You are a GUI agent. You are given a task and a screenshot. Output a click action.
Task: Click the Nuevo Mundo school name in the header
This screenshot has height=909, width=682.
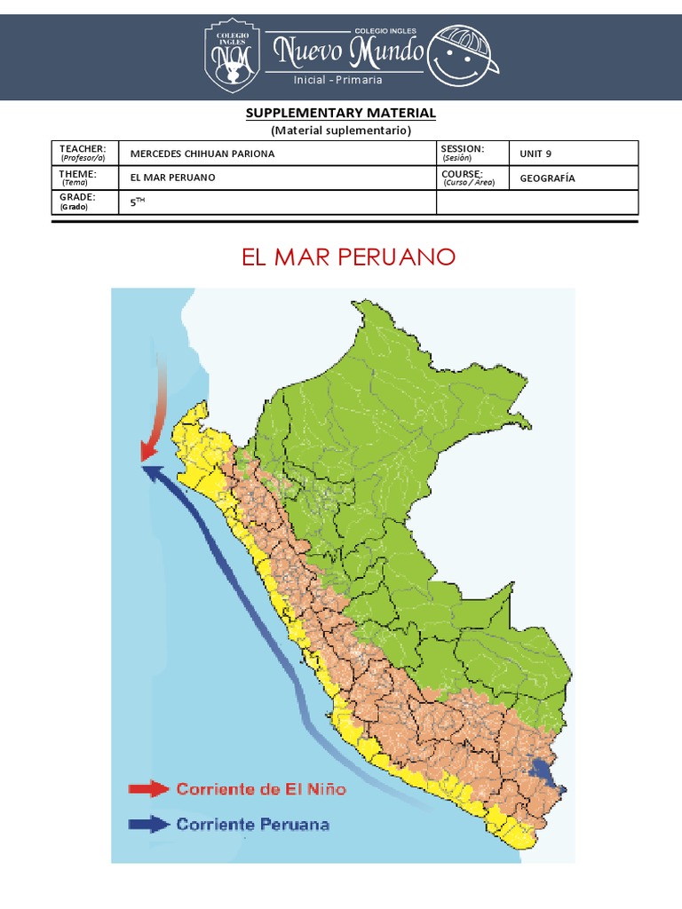point(348,53)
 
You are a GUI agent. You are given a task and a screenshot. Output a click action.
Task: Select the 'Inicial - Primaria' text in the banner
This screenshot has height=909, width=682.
point(338,80)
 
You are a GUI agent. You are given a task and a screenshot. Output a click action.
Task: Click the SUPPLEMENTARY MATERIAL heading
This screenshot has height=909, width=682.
point(340,113)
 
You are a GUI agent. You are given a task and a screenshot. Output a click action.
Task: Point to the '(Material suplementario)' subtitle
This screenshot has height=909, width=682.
point(340,130)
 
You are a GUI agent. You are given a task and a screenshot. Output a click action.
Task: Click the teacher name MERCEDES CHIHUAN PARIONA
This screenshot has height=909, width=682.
point(202,154)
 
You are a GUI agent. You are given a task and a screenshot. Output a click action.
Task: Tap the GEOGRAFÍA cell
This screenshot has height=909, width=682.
point(547,178)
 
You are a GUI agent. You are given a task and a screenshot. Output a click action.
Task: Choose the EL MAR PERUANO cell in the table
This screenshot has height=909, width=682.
point(172,178)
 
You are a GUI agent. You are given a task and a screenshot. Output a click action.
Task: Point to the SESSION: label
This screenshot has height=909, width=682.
point(462,149)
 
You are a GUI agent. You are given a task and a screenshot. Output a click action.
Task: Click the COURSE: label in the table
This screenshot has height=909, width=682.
point(461,174)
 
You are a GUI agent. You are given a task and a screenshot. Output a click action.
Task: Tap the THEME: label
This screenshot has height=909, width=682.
point(78,174)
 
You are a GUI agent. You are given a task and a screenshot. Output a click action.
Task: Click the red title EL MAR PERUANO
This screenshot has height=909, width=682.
point(348,257)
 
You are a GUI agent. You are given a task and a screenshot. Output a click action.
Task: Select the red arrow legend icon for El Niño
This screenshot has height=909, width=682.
point(147,788)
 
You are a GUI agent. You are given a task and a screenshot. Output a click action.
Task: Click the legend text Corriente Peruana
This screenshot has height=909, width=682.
point(252,825)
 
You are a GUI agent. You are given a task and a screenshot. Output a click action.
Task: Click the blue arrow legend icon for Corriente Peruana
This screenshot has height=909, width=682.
point(147,825)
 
